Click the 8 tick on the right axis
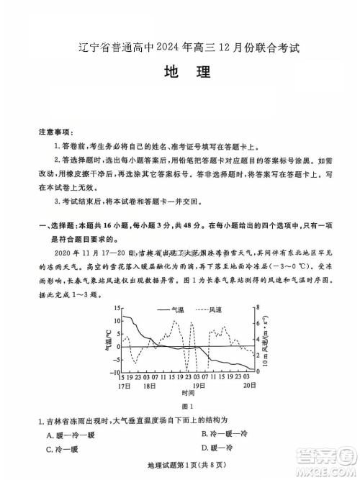click(x=256, y=308)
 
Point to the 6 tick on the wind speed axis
click(x=256, y=323)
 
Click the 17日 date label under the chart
click(x=124, y=386)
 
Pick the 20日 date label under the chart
click(x=247, y=386)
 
